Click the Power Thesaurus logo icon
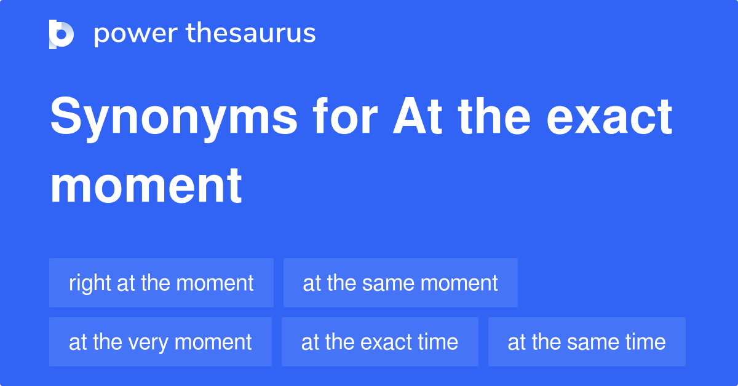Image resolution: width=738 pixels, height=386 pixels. (x=61, y=34)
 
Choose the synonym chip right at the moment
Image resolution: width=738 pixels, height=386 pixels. (x=161, y=283)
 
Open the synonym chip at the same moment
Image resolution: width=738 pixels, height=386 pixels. (x=400, y=283)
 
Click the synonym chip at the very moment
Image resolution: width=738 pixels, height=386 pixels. (x=160, y=342)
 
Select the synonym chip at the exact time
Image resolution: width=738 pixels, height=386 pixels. (x=379, y=342)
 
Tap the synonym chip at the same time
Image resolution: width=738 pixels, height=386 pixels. (x=587, y=342)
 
